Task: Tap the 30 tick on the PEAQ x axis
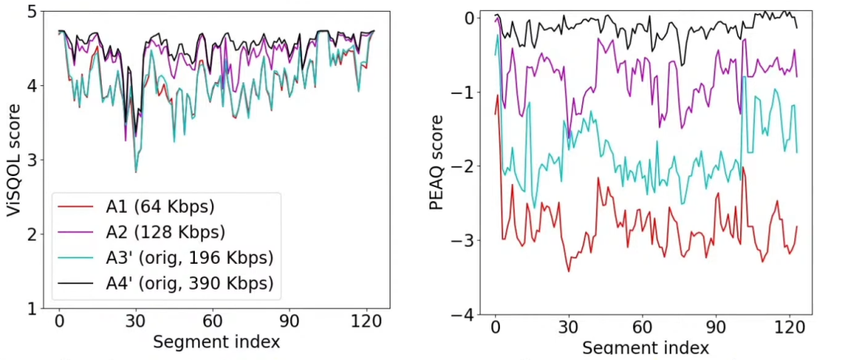569,328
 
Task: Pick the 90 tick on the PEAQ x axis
717,328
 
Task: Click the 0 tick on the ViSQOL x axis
59,323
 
